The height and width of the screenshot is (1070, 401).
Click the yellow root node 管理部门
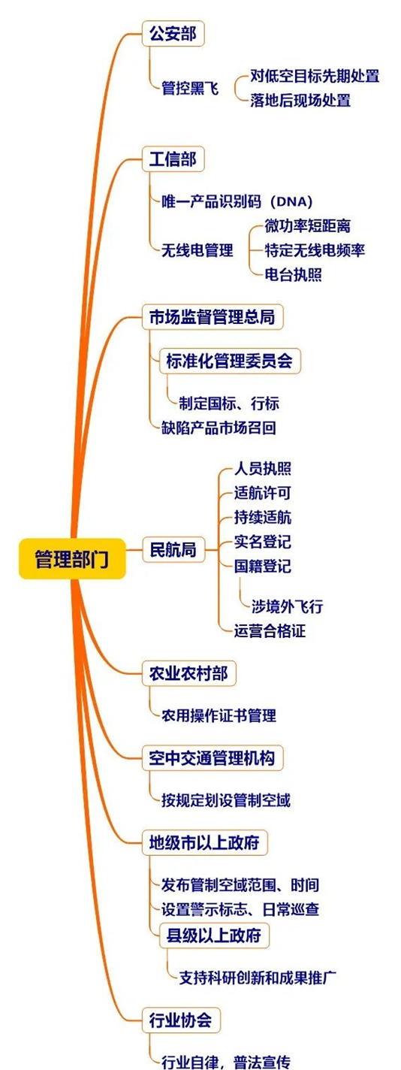72,558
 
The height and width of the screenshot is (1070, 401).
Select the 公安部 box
173,34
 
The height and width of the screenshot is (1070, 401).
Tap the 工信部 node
173,159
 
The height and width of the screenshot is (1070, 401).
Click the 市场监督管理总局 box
213,316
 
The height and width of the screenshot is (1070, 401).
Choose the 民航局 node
173,550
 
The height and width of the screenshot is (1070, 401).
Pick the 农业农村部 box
189,673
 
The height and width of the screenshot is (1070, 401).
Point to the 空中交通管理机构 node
213,757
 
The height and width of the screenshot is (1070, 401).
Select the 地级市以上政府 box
205,842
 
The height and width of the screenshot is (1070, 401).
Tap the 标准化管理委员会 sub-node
230,361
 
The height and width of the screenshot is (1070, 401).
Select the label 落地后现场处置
300,101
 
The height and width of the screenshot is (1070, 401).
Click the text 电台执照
293,275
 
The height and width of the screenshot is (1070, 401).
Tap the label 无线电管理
197,249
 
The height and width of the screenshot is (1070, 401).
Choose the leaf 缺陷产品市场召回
219,428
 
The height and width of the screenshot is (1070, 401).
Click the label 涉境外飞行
287,606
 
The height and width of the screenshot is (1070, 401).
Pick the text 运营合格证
270,631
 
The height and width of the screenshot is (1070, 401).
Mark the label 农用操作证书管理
219,715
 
